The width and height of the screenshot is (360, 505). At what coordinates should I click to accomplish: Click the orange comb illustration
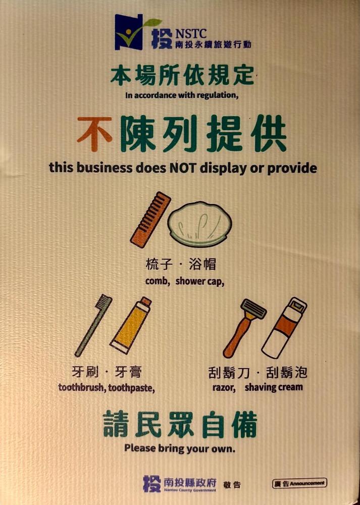150,220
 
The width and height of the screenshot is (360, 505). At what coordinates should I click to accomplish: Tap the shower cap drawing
199,224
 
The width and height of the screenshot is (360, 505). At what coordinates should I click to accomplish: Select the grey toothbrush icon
93,325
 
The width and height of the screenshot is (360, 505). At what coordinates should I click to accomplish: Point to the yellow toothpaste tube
130,325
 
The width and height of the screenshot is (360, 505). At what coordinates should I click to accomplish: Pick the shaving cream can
284,328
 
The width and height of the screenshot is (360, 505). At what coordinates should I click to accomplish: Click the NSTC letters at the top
191,33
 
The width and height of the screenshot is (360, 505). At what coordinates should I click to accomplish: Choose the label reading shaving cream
274,387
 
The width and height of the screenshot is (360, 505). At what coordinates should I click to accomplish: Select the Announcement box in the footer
299,483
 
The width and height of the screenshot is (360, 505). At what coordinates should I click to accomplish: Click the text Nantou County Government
189,490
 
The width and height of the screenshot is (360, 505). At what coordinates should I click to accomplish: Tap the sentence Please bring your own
180,448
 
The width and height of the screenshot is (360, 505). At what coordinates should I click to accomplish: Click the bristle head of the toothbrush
106,301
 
